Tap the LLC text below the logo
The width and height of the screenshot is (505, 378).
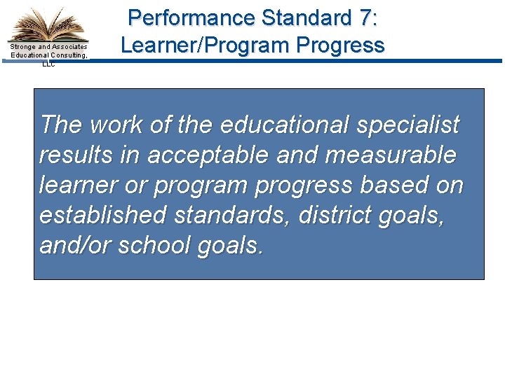48,64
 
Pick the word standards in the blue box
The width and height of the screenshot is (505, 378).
229,216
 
